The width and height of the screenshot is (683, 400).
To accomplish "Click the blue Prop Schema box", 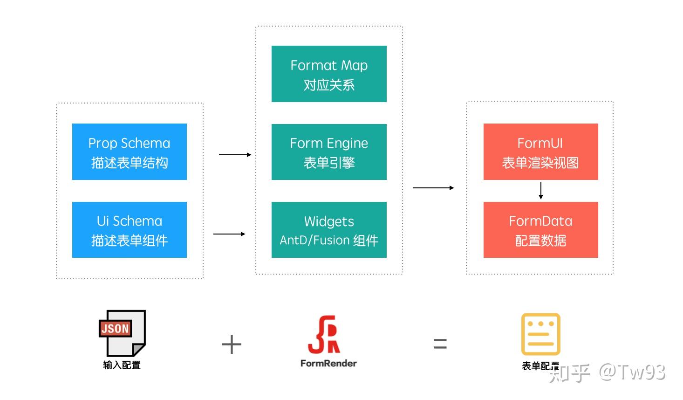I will (129, 152).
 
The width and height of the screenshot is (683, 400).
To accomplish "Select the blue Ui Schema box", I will (129, 230).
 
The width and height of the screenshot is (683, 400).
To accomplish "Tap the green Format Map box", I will (329, 74).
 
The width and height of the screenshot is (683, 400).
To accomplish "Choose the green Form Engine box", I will (329, 152).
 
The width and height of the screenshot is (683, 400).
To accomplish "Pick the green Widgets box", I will (329, 230).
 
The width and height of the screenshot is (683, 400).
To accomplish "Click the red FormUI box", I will (540, 152).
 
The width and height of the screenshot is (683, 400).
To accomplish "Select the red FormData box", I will (540, 230).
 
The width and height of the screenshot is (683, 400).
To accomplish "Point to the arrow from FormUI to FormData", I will (540, 191).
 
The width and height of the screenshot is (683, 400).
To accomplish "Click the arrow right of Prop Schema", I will (235, 154).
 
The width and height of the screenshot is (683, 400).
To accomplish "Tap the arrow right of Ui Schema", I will (229, 234).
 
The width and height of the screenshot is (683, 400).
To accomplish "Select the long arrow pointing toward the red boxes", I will (433, 187).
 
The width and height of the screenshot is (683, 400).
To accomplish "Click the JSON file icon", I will (123, 333).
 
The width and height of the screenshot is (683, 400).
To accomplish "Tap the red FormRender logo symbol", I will (324, 335).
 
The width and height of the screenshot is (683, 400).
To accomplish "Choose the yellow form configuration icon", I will (540, 334).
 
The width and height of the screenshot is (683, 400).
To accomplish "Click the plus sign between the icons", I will (232, 345).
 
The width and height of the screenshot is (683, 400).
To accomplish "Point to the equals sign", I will (440, 344).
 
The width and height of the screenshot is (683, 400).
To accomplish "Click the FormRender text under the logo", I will (328, 363).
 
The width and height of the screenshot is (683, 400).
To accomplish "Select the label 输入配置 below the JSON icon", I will (122, 365).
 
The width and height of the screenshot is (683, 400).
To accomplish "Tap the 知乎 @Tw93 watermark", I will (607, 372).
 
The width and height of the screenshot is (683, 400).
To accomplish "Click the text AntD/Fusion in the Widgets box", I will (314, 241).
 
